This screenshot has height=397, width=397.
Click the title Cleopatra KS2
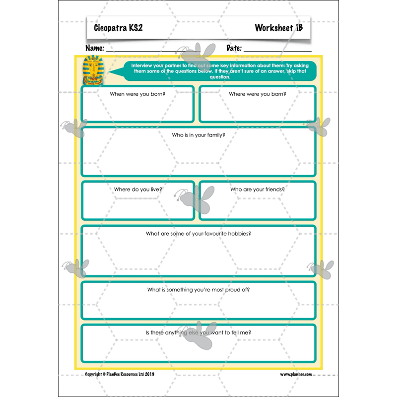[118, 28]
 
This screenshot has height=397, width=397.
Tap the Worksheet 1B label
[278, 28]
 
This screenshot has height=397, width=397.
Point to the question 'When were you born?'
[137, 94]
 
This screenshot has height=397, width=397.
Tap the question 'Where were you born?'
[257, 94]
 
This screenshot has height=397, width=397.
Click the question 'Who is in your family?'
[198, 134]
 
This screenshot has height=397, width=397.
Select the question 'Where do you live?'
[138, 189]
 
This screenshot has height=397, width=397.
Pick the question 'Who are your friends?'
[257, 189]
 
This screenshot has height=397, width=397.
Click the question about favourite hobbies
[198, 233]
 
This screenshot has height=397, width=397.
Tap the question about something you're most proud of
[198, 289]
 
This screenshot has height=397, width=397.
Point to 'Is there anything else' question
[198, 332]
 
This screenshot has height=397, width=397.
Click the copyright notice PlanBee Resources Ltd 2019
[120, 374]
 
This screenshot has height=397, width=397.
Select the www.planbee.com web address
[296, 374]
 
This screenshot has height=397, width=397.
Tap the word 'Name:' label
[95, 49]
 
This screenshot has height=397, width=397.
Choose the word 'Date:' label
[234, 49]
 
